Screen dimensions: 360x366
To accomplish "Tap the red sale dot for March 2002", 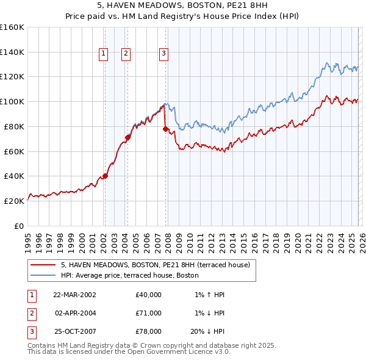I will click(105, 176).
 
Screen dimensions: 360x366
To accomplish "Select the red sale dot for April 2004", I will click(127, 137).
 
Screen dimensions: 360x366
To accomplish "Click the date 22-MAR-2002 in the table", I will click(74, 295).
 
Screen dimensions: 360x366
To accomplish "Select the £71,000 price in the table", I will click(148, 313).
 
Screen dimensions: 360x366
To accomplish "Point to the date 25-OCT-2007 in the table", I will click(74, 331).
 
